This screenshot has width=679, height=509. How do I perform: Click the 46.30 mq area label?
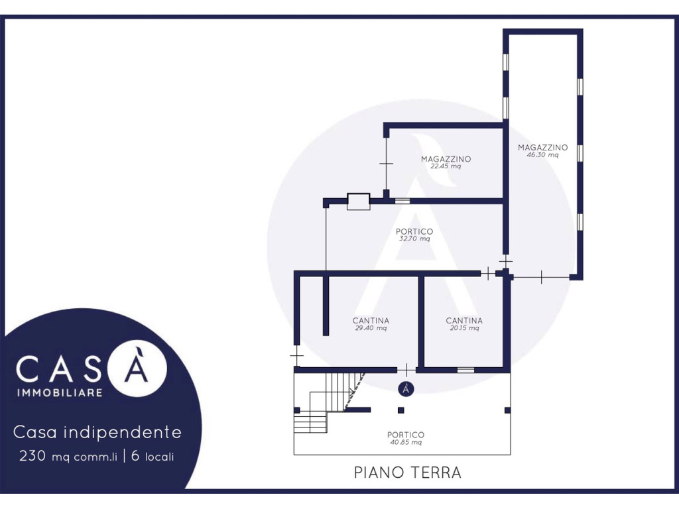pos(542,155)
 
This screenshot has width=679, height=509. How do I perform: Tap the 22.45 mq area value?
pos(446,166)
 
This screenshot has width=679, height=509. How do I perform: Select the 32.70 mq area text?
pos(414,239)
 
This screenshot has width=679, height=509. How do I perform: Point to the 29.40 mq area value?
pos(371,328)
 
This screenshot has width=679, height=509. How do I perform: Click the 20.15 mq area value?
pos(464,328)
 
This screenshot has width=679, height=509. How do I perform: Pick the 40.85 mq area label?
pos(406,442)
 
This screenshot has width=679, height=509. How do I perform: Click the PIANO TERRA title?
pos(408,472)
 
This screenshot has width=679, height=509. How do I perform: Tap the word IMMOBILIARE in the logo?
pos(60,393)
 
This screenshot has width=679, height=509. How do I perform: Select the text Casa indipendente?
pos(97,432)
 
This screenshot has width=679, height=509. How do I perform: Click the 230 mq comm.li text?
pos(68,456)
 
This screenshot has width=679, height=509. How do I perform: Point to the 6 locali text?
pos(153,456)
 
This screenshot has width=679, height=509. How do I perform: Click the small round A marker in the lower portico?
pos(406,388)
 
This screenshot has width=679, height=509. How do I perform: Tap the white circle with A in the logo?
pos(137,367)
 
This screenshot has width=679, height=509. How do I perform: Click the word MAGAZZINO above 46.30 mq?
pos(542,148)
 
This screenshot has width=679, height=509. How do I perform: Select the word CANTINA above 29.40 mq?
pos(371,321)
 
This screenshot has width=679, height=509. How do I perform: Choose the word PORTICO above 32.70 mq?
pos(414,231)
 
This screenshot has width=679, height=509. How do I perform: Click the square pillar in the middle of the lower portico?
pos(401,410)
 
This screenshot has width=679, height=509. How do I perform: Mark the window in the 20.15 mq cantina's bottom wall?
pos(465,370)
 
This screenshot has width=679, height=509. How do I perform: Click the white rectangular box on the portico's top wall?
pos(359,201)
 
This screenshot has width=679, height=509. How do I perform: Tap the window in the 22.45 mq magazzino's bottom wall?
pos(402,201)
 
